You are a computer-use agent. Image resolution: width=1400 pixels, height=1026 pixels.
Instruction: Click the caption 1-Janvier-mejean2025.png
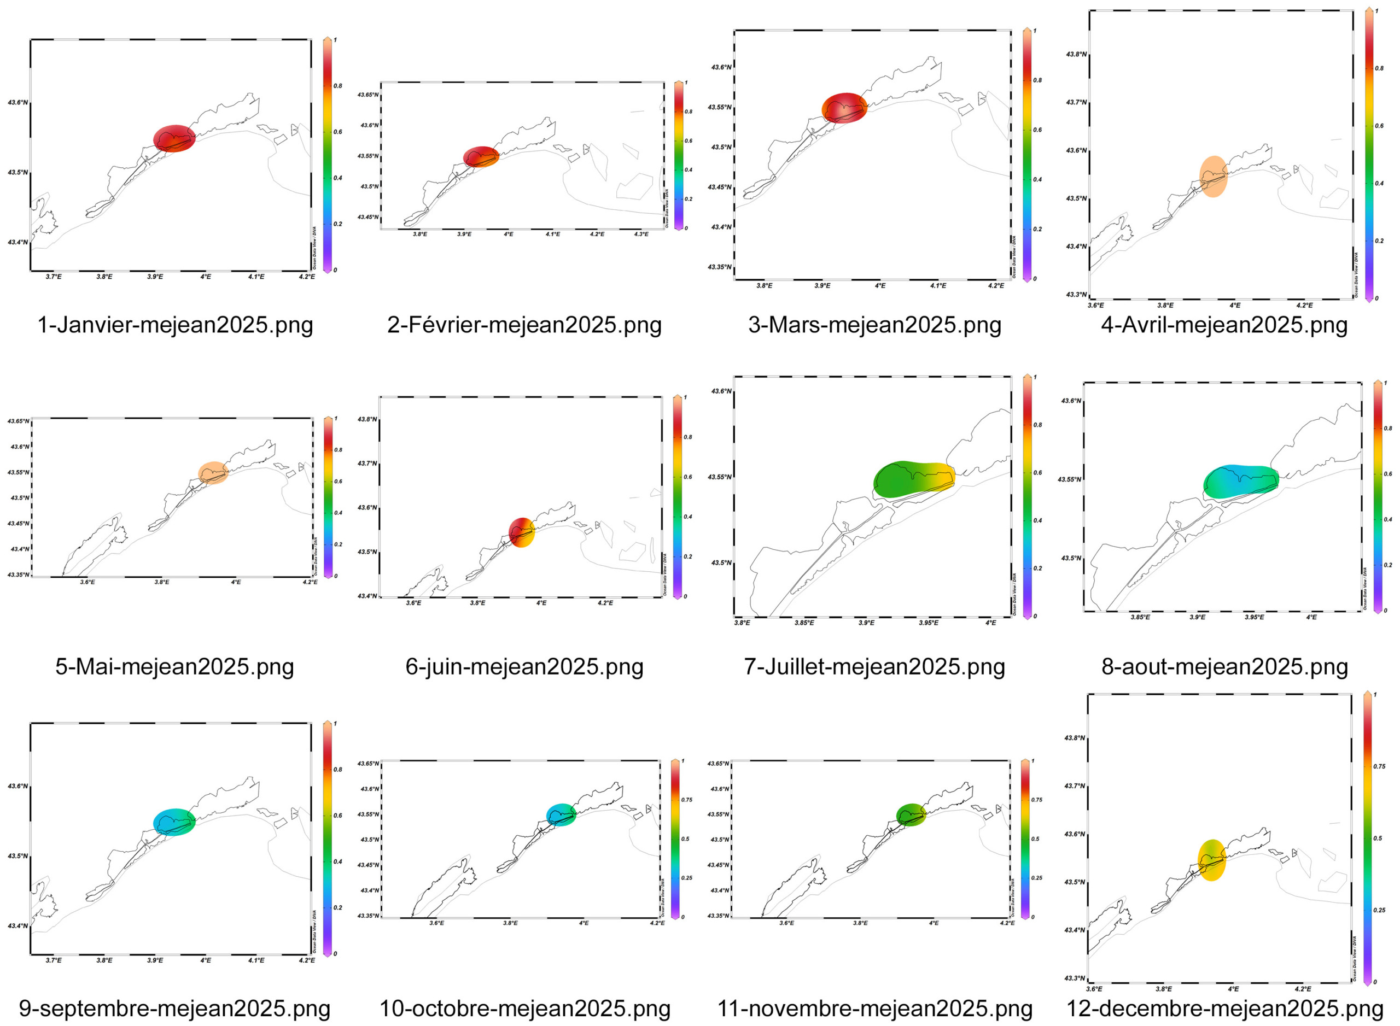pos(175,325)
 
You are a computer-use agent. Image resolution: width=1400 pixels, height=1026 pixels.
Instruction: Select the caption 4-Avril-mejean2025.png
pos(1223,325)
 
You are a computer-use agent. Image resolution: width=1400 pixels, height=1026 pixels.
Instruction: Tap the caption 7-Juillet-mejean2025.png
pos(874,666)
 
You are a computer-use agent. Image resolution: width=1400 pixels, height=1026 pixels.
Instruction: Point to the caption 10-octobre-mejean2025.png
pos(524,1008)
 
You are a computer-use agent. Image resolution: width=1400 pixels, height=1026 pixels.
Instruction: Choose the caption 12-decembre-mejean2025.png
pos(1224,1008)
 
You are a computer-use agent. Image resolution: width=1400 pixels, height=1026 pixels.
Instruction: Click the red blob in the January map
pos(174,138)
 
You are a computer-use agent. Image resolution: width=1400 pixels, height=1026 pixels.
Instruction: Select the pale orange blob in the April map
pos(1212,177)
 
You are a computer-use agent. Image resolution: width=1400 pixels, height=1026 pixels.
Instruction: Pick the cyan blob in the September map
pos(174,822)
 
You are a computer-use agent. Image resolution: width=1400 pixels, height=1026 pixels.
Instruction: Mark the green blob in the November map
pos(911,815)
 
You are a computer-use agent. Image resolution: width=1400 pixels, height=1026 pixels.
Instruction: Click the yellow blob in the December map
pos(1211,860)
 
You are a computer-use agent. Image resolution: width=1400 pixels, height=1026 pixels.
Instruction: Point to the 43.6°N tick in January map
pos(17,102)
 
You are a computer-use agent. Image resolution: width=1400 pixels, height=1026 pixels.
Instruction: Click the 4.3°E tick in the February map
pos(641,234)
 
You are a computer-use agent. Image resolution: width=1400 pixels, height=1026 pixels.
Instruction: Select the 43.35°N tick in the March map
pos(720,267)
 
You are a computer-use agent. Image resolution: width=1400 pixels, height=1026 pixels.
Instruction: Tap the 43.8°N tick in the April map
pos(1076,55)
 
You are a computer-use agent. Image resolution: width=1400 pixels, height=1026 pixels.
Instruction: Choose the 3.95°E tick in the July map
pos(929,622)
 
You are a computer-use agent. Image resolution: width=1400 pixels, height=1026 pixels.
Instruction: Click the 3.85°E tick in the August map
pos(1140,617)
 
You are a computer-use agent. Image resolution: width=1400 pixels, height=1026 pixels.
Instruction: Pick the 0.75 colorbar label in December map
pos(1379,766)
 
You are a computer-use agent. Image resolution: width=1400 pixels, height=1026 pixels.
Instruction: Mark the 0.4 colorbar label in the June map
pos(688,517)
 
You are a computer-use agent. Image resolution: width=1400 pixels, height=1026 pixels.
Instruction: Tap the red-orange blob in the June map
pos(521,532)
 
